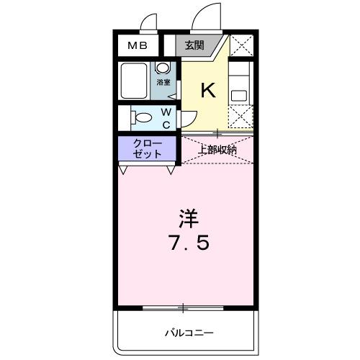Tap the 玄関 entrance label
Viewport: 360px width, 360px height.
click(x=194, y=46)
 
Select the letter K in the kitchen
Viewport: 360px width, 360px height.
click(x=207, y=90)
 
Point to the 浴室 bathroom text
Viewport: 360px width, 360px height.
click(x=164, y=83)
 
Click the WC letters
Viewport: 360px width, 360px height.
click(x=166, y=118)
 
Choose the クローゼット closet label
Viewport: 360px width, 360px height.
click(x=147, y=150)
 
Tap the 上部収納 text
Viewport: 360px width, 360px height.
click(x=217, y=150)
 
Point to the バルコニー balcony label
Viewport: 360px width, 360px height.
click(x=188, y=333)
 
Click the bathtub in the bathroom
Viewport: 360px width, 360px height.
click(x=135, y=81)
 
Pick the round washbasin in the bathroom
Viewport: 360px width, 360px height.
click(x=163, y=68)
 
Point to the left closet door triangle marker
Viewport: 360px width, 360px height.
click(x=124, y=170)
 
